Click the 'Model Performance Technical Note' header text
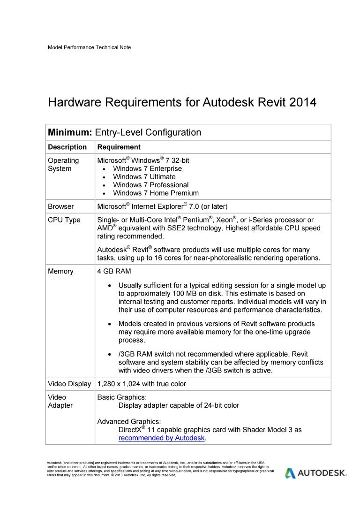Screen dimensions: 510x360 (x=89, y=47)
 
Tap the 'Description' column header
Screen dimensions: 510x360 (x=67, y=147)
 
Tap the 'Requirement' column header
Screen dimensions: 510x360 (x=119, y=147)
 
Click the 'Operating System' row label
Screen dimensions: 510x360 (x=63, y=165)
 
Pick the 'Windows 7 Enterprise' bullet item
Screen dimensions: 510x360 (x=147, y=169)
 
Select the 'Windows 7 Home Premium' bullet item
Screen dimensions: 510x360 (x=156, y=193)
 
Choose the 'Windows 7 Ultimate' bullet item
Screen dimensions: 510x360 (x=144, y=177)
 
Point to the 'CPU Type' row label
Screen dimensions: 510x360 (x=64, y=220)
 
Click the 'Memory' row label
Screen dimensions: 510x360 (x=60, y=272)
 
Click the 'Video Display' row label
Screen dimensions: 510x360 (x=69, y=384)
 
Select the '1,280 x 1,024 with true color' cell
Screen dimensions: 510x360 (x=142, y=384)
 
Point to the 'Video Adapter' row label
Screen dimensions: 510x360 (x=60, y=401)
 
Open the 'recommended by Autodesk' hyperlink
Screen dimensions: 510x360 (x=162, y=438)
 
